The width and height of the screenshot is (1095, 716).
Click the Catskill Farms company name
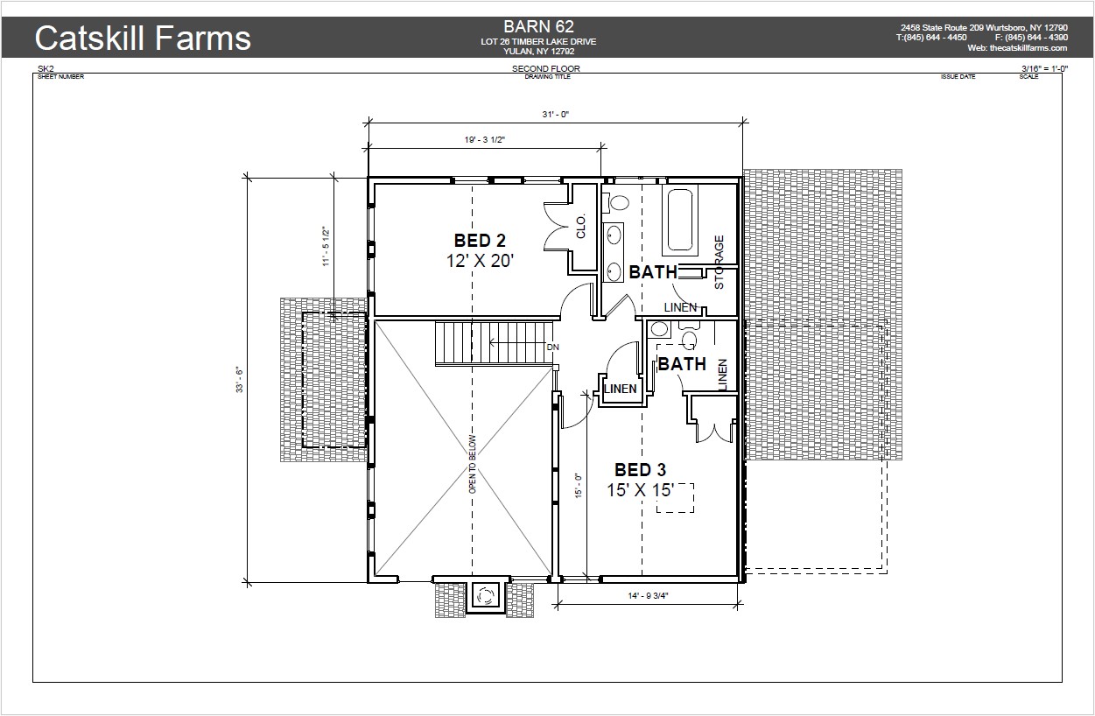pos(143,38)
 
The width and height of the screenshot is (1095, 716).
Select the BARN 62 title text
pos(538,26)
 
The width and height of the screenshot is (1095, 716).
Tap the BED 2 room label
pos(480,241)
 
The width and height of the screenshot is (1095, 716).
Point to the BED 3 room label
pos(640,470)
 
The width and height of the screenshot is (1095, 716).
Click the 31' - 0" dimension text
pos(555,115)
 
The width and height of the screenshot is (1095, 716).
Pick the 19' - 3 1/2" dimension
pos(484,140)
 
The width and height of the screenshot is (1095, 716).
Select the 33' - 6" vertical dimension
pos(240,380)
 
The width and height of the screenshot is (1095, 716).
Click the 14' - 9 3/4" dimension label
pos(649,596)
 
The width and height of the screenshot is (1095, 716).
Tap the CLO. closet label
pos(580,227)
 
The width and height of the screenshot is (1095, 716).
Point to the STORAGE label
pos(719,262)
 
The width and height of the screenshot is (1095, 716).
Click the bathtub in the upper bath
pos(680,220)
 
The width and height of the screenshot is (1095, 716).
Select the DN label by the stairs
pos(553,347)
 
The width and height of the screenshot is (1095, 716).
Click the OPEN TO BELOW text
pos(472,464)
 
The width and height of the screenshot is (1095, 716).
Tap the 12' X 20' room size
pos(480,261)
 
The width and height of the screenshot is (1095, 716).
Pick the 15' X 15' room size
pos(641,490)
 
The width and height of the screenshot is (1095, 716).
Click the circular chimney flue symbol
pos(485,595)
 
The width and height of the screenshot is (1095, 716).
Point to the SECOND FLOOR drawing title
pos(546,68)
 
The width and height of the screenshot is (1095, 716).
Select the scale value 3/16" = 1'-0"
pos(1044,68)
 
